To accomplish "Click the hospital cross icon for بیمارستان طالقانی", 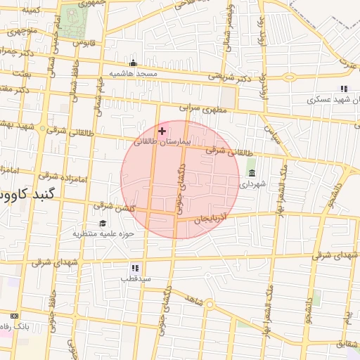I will [x=162, y=131].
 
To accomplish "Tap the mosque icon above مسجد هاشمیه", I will [x=133, y=63].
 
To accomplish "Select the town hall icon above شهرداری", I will [x=252, y=173].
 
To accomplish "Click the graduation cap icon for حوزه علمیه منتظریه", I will [x=103, y=223].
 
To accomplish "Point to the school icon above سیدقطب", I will [x=135, y=268].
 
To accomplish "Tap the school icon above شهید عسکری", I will [x=343, y=89].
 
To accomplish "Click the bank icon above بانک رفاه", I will [x=15, y=316].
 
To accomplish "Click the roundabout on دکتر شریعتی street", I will [x=289, y=77].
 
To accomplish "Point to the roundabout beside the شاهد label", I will [x=209, y=304].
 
